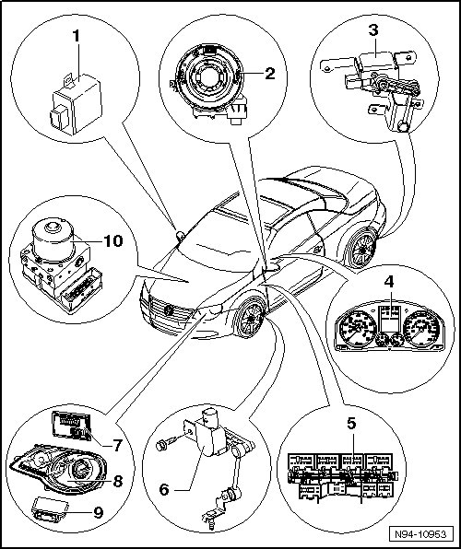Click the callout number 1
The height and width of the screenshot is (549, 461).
coord(77,37)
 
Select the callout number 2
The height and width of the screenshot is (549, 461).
coord(269,73)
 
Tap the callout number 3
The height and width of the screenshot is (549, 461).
coord(373,30)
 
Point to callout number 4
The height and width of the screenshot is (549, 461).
coord(389,282)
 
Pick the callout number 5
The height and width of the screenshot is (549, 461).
coord(351,424)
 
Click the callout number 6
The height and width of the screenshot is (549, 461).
coord(164,489)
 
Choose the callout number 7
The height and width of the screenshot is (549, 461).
coord(117,445)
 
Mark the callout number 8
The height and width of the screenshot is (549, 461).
coord(117,481)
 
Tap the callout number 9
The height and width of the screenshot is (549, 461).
coord(99,512)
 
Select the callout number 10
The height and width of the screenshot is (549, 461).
coord(112,241)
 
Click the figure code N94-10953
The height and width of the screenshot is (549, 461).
coord(420,534)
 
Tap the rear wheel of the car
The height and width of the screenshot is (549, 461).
coord(361,250)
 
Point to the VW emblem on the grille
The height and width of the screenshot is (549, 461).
coord(169,310)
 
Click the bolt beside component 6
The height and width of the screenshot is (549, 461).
coord(162,445)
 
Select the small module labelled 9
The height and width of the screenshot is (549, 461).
coord(48,509)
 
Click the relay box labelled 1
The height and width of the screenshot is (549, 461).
coord(77,104)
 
